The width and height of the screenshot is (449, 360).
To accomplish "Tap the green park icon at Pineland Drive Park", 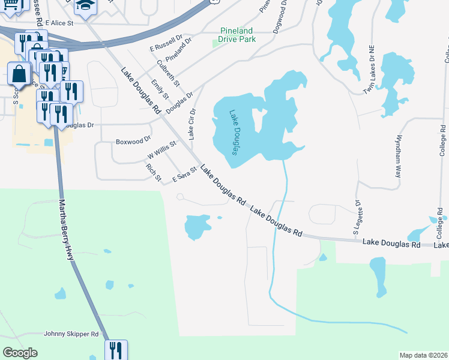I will point(218,43).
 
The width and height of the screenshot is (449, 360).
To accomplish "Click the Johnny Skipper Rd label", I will point(71,334).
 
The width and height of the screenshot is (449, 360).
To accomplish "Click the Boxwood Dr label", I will point(133,142).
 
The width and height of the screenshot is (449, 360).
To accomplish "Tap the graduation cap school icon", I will point(83,7).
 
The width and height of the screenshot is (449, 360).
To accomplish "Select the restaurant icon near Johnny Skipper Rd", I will point(115,350).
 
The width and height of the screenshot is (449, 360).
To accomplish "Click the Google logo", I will point(20,353).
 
